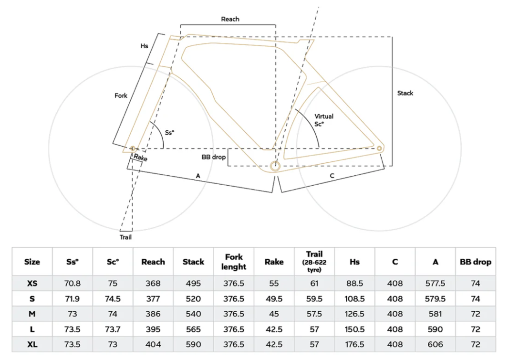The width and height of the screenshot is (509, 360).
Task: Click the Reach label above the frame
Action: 230,19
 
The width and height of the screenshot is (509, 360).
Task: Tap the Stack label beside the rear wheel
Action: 405,93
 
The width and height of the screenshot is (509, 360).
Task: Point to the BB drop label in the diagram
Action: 214,157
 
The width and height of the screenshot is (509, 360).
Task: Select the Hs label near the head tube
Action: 145,46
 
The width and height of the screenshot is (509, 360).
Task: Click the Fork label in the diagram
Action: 121,95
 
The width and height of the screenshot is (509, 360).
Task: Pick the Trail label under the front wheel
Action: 125,237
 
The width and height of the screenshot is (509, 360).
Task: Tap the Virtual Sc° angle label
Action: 323,120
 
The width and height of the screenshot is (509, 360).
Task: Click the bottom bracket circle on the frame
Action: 275,166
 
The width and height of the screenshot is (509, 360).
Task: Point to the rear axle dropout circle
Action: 379,148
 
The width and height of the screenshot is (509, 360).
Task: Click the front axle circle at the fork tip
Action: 133,148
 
